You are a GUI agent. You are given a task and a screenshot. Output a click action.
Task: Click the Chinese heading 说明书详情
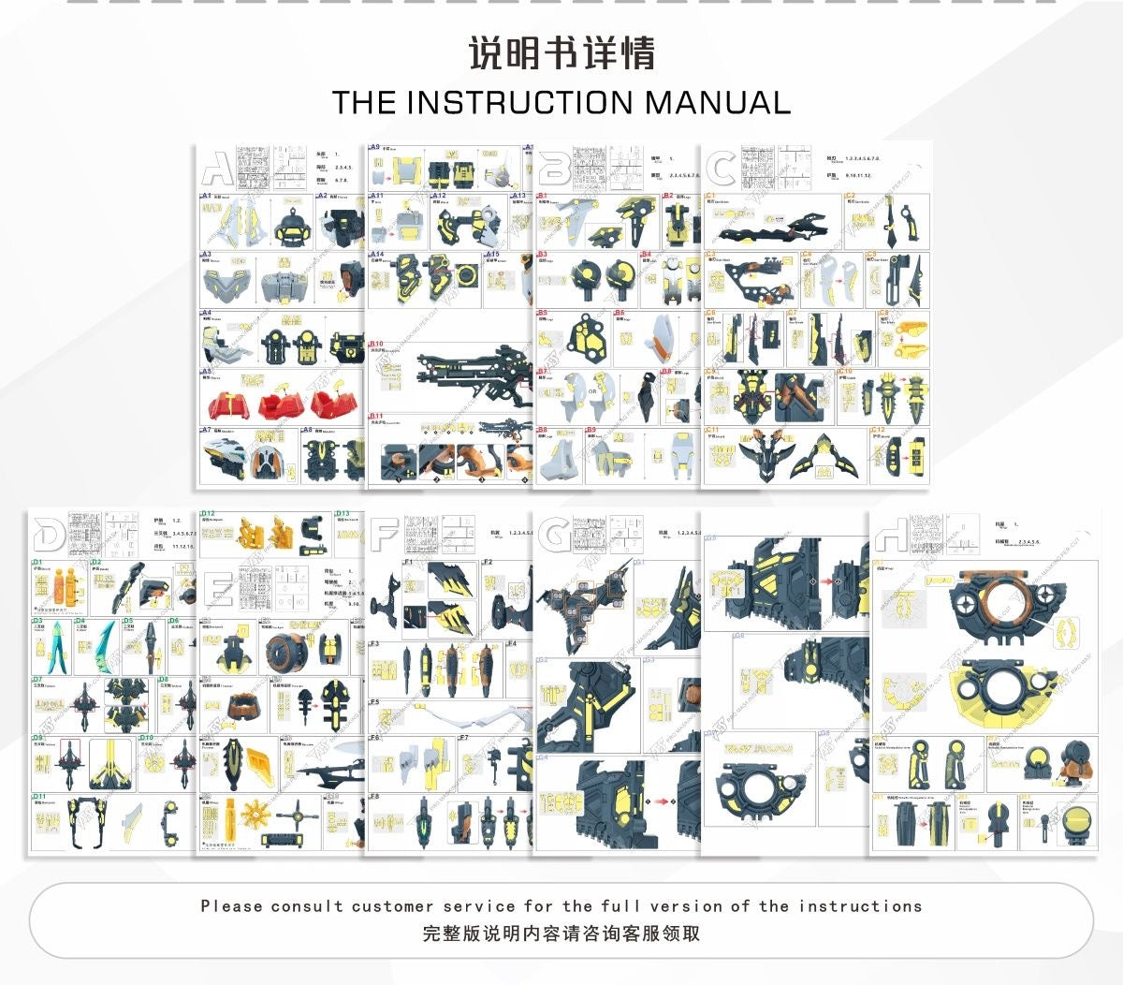[561, 53]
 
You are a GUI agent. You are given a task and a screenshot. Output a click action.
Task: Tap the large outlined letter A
[217, 168]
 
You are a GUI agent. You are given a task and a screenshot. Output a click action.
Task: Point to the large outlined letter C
[721, 169]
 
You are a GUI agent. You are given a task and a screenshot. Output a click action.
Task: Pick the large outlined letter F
[385, 535]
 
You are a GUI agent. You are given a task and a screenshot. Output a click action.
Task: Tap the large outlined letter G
[554, 535]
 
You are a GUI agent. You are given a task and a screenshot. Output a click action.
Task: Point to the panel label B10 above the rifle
[376, 345]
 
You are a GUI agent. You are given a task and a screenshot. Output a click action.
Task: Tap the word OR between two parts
[592, 392]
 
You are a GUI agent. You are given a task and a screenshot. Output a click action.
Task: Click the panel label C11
[712, 431]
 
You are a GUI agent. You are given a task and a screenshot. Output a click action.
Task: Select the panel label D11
[39, 797]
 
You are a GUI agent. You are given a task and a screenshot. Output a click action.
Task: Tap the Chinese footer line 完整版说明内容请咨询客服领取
[561, 934]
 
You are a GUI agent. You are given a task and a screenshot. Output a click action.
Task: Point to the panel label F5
[374, 701]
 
